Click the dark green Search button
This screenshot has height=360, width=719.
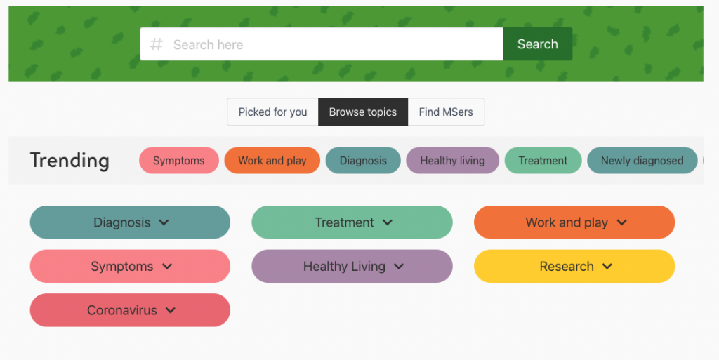coord(537,44)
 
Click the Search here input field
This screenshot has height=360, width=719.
coord(322,44)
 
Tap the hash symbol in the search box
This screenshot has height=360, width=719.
coord(157,44)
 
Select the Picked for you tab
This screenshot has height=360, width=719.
coord(272,112)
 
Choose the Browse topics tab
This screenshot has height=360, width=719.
coord(363,112)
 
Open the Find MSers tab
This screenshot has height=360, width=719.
coord(446,112)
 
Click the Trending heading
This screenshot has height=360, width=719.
coord(70,160)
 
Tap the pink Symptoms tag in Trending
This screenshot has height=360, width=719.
coord(179,160)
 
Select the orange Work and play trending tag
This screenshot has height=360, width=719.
coord(272,160)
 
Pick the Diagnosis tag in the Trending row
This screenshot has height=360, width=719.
coord(363,160)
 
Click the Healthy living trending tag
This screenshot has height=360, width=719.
coord(453,160)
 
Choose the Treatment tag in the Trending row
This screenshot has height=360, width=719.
coord(543,160)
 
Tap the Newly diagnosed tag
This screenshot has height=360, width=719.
coord(642,160)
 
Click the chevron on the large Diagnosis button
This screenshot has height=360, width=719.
coord(164,222)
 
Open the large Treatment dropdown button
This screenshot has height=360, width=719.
coord(352,222)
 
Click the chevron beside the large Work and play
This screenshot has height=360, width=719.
coord(621,222)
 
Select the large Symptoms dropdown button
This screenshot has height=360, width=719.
coord(130,266)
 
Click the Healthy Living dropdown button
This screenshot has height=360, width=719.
coord(352,266)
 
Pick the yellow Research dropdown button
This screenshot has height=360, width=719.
coord(574,266)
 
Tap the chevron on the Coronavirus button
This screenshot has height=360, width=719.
coord(171,311)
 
